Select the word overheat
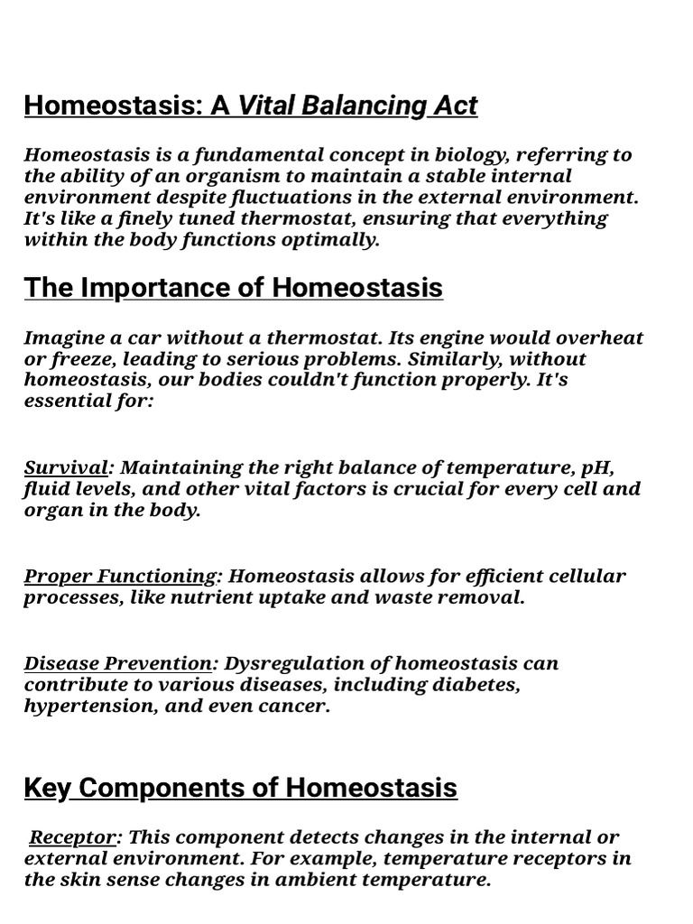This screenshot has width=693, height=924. [x=600, y=338]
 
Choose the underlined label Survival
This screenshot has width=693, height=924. [x=66, y=467]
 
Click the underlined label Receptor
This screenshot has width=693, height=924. [x=72, y=837]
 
